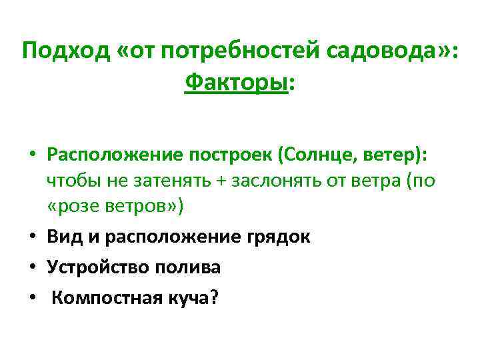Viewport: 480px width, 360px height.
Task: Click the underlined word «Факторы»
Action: (235, 84)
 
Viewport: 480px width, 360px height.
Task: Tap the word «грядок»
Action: (281, 237)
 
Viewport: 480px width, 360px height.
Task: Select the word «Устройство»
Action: (97, 267)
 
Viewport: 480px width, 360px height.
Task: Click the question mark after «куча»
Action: (213, 298)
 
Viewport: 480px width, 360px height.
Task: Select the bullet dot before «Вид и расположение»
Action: (33, 237)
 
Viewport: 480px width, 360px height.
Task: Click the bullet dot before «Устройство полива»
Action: (33, 268)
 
